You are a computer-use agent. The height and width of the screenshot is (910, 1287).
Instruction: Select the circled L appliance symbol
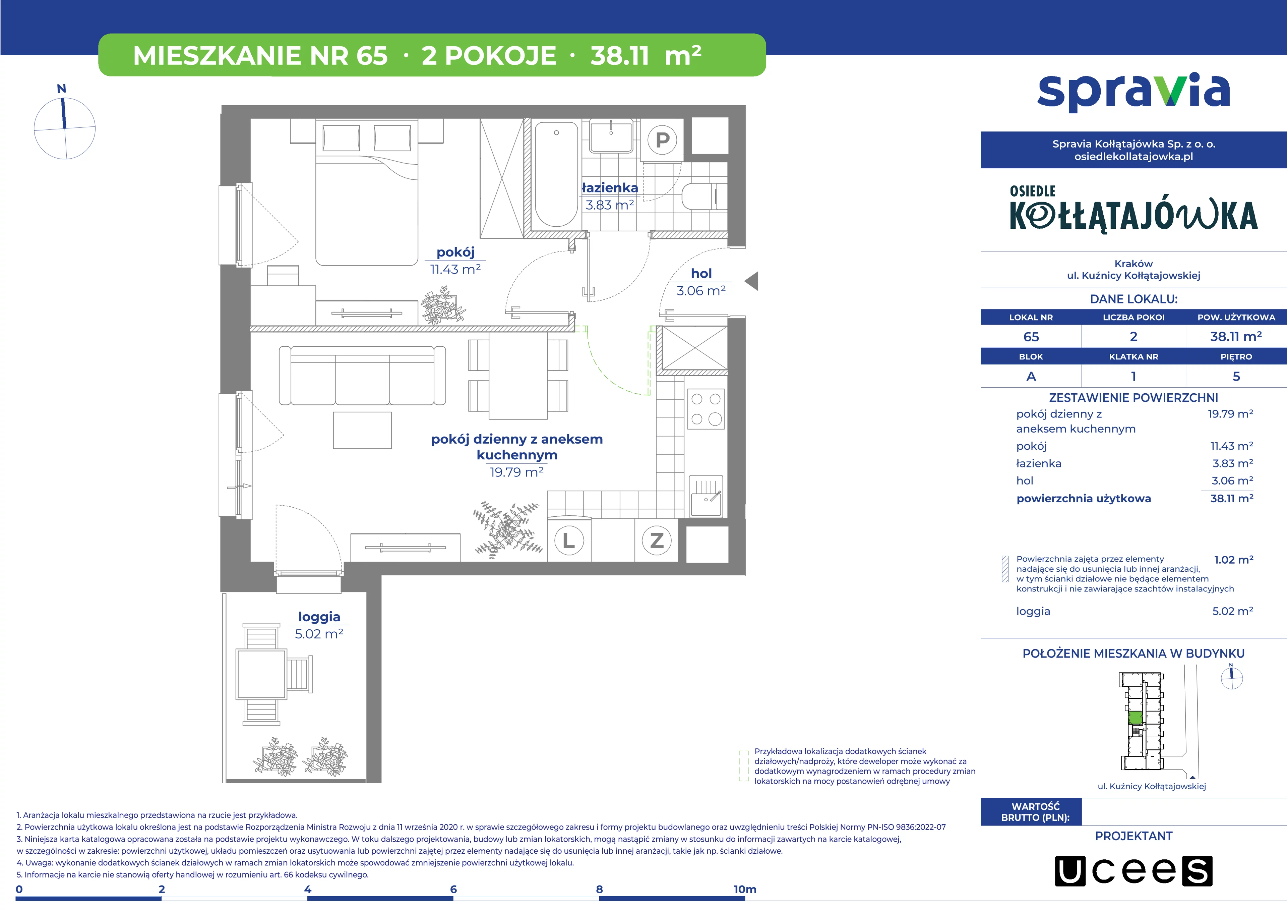[569, 541]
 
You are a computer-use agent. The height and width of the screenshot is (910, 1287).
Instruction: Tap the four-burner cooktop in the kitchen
[706, 409]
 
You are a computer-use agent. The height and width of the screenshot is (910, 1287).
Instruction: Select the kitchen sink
[706, 496]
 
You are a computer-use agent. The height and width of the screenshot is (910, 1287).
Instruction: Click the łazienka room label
[610, 188]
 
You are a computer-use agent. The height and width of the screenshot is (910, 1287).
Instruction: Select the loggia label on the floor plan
[319, 617]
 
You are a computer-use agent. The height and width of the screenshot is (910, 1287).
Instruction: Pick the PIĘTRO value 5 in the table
[1236, 376]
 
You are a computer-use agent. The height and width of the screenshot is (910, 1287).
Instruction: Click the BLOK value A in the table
[1031, 376]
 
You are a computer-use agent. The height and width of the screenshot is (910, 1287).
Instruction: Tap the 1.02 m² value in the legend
[1233, 560]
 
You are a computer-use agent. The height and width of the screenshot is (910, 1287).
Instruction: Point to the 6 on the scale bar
[453, 889]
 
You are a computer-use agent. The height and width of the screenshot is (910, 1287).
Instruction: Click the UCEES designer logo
[1133, 871]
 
